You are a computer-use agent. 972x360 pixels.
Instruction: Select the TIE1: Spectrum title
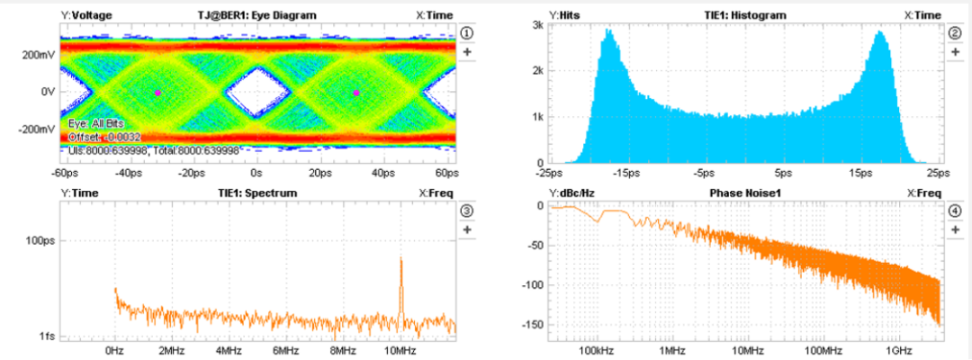257,193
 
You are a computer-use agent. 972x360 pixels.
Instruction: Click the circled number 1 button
467,32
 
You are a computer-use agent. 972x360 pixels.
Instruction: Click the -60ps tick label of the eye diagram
63,172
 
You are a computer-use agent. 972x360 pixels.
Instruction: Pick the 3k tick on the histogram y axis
535,25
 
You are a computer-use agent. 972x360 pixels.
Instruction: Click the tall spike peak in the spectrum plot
400,259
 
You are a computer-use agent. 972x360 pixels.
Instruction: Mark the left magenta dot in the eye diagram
157,93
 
